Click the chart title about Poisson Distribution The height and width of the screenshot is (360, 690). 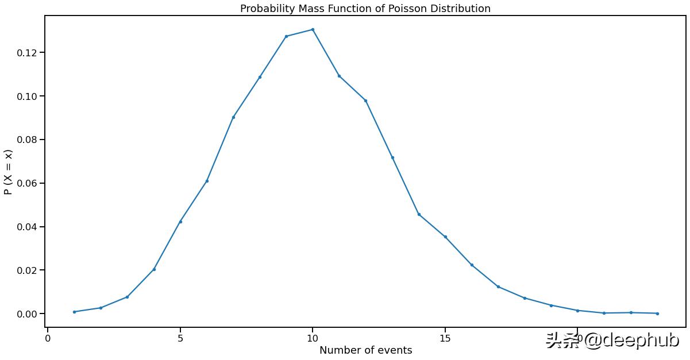coord(365,9)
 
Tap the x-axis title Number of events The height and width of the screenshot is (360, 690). coord(365,350)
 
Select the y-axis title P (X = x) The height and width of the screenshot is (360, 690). coord(8,172)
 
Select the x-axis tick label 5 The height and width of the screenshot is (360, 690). coord(180,338)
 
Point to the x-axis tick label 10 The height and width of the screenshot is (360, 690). coord(313,338)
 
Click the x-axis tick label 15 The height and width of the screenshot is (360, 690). coord(445,338)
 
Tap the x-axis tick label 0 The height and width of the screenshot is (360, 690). coord(48,338)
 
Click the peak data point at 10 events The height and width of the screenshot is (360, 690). coord(313,29)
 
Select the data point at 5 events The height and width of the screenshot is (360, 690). coord(180,222)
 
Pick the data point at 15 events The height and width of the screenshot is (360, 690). coord(445,237)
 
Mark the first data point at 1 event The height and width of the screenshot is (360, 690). coord(74,312)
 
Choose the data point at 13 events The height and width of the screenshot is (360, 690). coord(392,157)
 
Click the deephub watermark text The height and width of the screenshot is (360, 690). coord(612,340)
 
